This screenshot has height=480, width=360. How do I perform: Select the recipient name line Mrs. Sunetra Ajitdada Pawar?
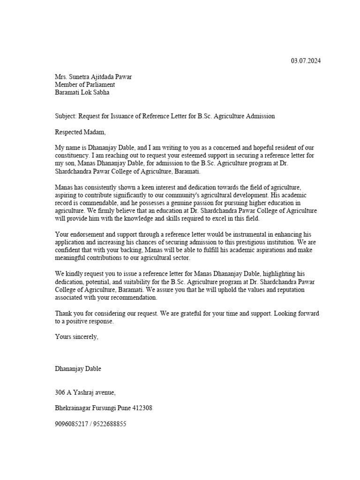pyautogui.click(x=93, y=77)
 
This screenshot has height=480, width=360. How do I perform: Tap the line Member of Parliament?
pyautogui.click(x=85, y=85)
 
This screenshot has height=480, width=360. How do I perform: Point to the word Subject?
pyautogui.click(x=65, y=116)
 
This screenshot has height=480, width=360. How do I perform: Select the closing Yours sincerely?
pyautogui.click(x=77, y=337)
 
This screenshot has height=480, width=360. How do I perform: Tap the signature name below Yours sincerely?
pyautogui.click(x=78, y=369)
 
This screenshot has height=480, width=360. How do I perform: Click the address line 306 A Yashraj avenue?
pyautogui.click(x=85, y=392)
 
